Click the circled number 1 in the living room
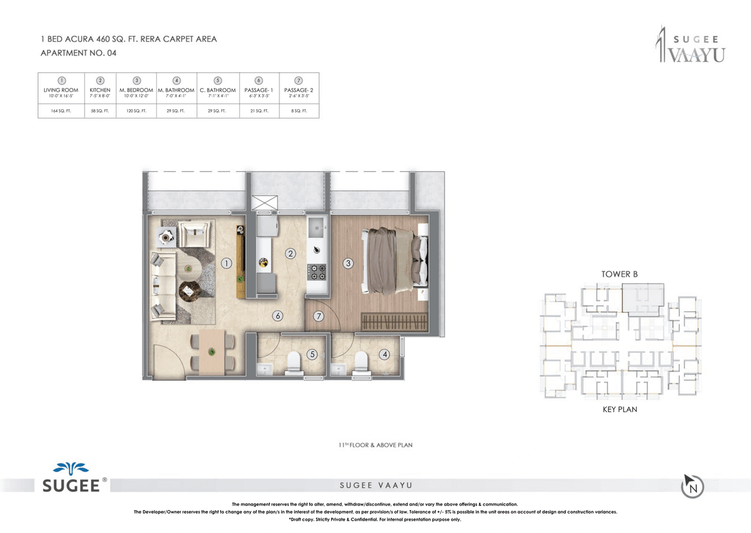click(x=226, y=264)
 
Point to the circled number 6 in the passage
click(x=278, y=316)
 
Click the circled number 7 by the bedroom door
click(x=319, y=316)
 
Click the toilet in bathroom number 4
click(x=362, y=363)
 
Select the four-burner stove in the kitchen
click(x=317, y=272)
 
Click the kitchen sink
click(x=317, y=224)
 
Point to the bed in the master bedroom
click(x=394, y=260)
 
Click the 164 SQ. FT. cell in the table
click(x=61, y=110)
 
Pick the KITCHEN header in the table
click(x=100, y=90)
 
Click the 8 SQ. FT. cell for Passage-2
click(x=299, y=110)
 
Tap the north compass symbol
click(x=692, y=486)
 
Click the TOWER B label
click(x=619, y=274)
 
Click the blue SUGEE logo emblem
click(x=70, y=468)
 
